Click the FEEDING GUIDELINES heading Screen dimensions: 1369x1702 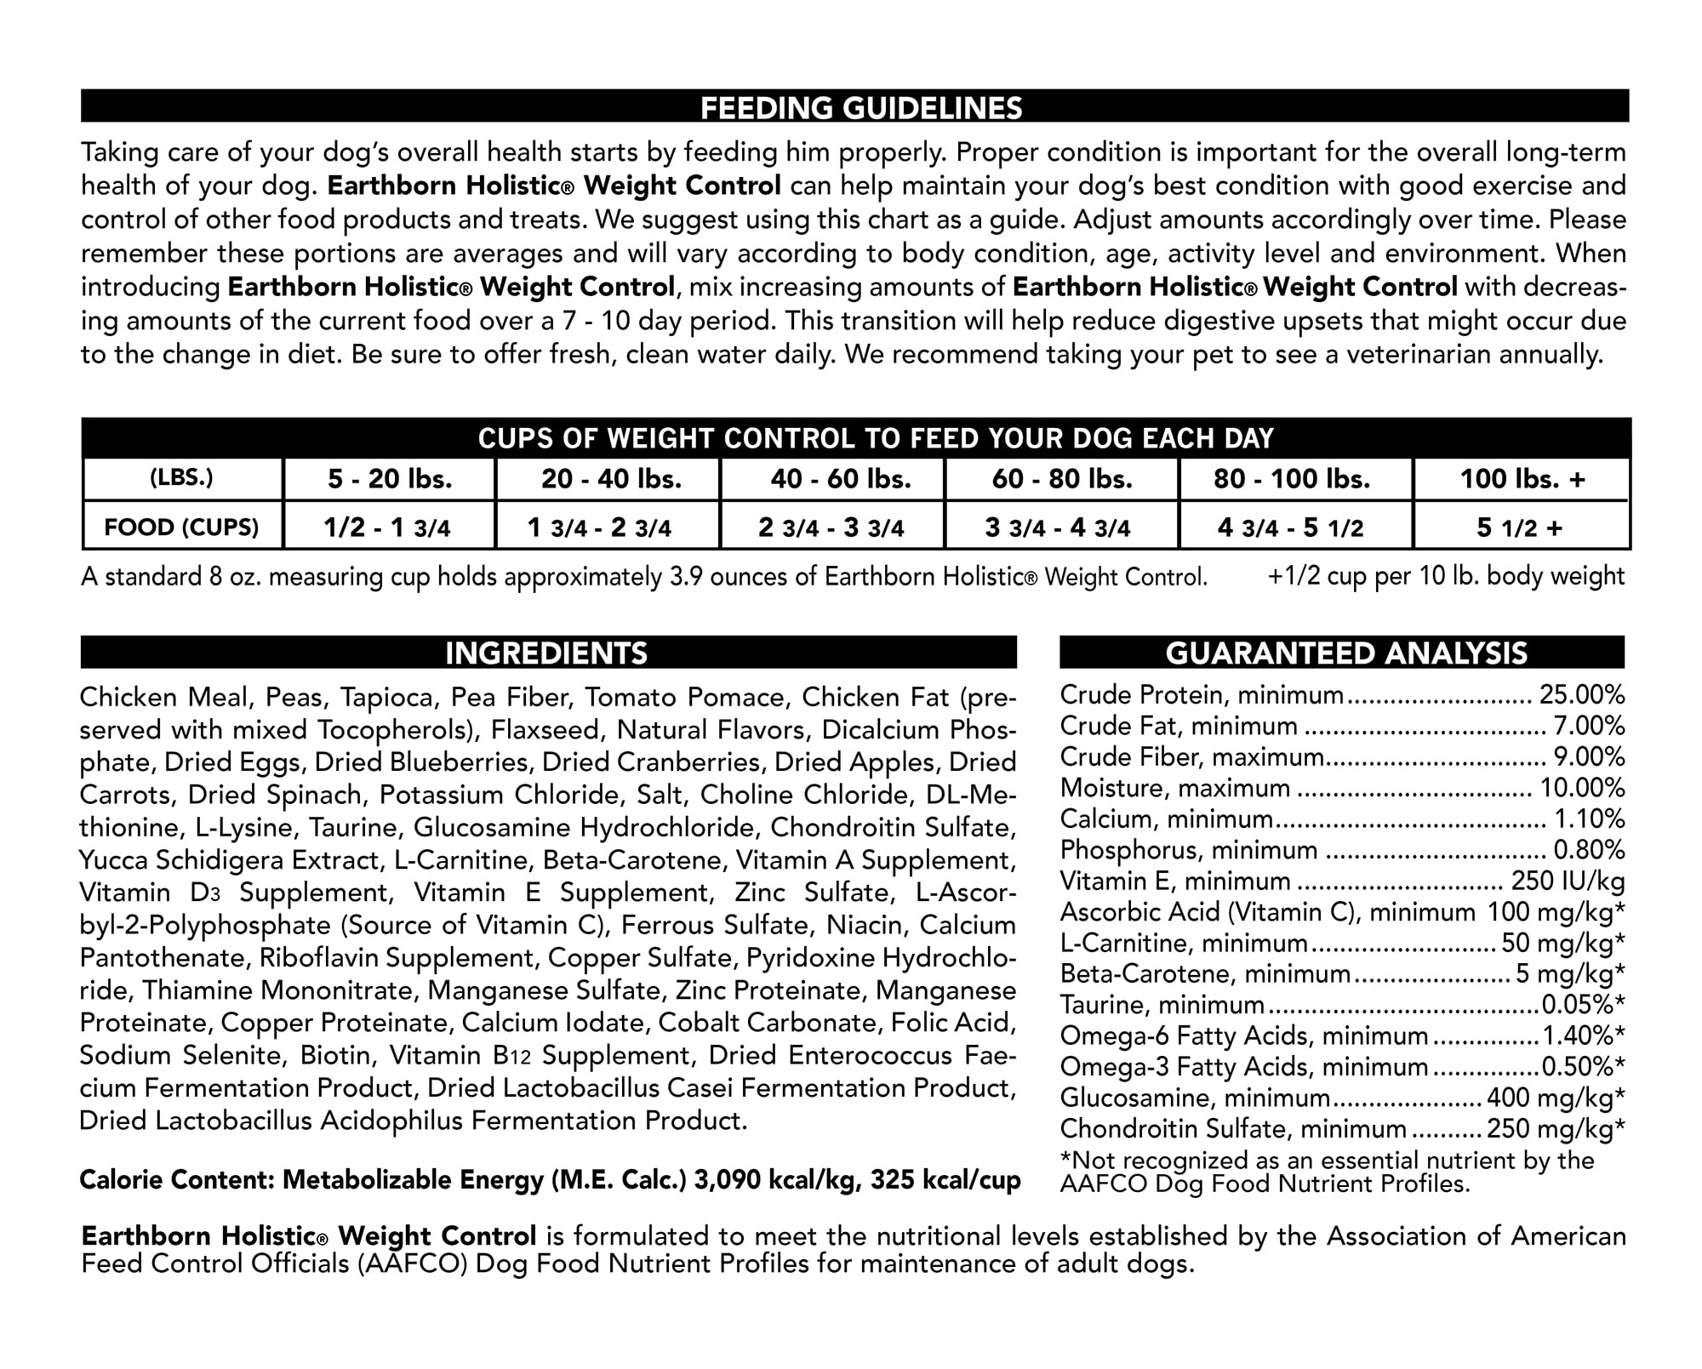(x=860, y=108)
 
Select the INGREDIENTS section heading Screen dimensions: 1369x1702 (x=546, y=653)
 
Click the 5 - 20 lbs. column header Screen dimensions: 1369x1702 (x=390, y=479)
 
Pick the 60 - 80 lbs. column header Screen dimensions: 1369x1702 (x=1062, y=479)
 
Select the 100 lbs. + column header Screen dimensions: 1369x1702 (x=1522, y=479)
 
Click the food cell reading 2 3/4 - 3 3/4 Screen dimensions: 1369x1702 (x=831, y=528)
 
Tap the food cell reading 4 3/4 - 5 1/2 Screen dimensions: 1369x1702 (x=1290, y=528)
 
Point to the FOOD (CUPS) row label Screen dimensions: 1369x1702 (x=181, y=528)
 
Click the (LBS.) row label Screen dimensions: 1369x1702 (x=181, y=478)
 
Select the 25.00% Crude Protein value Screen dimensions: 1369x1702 (x=1582, y=695)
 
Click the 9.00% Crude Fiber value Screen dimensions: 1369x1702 (x=1589, y=757)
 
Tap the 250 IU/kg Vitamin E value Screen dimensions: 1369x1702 (x=1568, y=881)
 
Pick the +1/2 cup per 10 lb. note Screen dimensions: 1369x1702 (x=1446, y=576)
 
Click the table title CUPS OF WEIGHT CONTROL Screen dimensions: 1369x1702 (x=876, y=438)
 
